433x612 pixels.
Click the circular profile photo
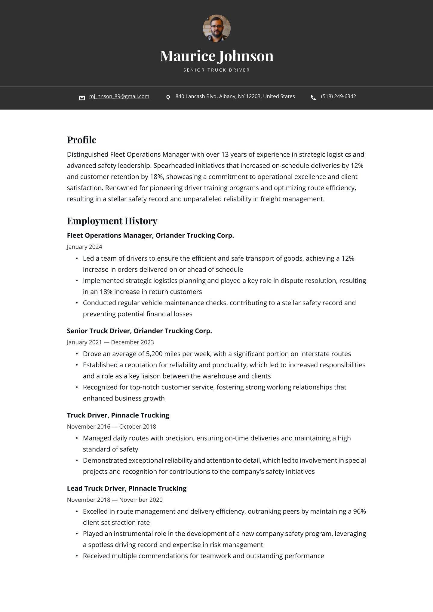coord(216,29)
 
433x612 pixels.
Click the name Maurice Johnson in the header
coord(216,56)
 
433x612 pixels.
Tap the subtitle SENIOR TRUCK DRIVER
coord(216,70)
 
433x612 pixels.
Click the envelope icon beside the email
coord(82,98)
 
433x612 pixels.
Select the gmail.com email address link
coord(119,96)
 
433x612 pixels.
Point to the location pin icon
coord(168,97)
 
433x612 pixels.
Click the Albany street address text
coord(235,96)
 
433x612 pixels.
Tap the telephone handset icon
coord(313,98)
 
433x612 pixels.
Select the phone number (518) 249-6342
coord(338,96)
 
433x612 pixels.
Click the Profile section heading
coord(81,140)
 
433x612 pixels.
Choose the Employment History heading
coord(112,221)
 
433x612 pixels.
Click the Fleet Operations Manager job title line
coord(150,235)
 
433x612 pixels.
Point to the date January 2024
coord(84,247)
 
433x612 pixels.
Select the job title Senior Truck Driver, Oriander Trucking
coord(139,331)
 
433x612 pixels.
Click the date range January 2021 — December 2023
coord(110,342)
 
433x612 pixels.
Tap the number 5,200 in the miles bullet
coord(154,354)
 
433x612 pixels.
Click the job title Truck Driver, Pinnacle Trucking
coord(118,415)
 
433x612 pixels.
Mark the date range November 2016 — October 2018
coord(111,427)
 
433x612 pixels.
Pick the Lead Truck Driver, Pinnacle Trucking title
coord(127,488)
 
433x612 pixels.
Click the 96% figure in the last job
coord(359,511)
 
